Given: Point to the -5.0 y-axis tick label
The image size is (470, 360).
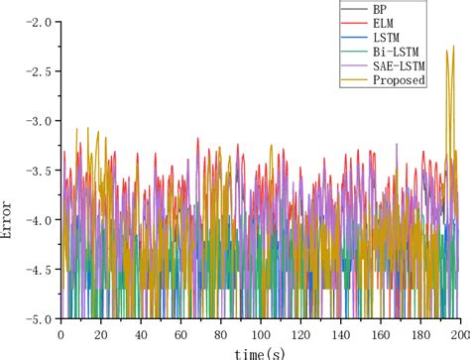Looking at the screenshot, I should pyautogui.click(x=37, y=318).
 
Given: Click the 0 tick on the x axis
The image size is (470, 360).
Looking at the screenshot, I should pyautogui.click(x=61, y=334).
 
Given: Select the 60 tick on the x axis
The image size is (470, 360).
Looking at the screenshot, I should pyautogui.click(x=180, y=334).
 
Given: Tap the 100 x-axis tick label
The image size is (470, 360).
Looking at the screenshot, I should pyautogui.click(x=261, y=334).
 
